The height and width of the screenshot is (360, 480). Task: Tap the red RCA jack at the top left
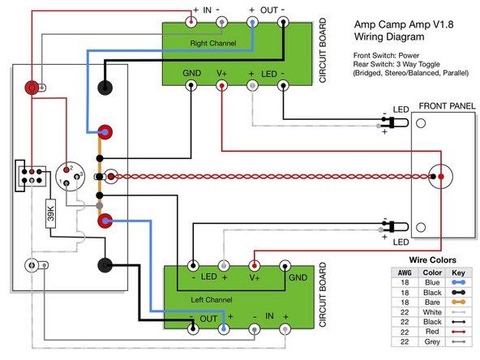[x=33, y=88]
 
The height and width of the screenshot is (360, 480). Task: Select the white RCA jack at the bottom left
[x=32, y=265]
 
